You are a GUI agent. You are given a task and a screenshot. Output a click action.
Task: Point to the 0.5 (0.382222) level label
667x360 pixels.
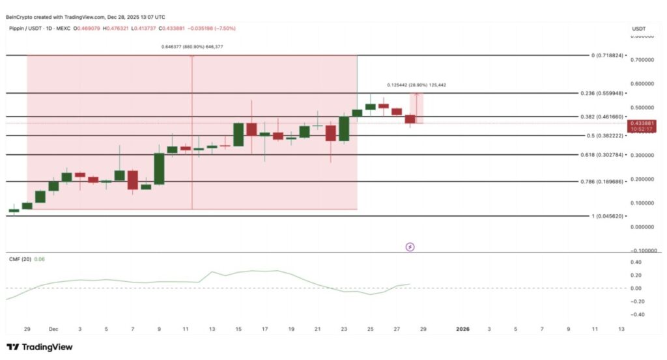tap(604, 135)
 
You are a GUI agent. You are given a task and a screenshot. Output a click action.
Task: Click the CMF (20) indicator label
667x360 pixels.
tap(18, 258)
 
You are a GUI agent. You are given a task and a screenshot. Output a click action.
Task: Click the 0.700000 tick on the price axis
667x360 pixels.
tap(644, 60)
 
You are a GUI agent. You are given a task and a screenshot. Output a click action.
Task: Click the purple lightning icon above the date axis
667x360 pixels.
tap(410, 247)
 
